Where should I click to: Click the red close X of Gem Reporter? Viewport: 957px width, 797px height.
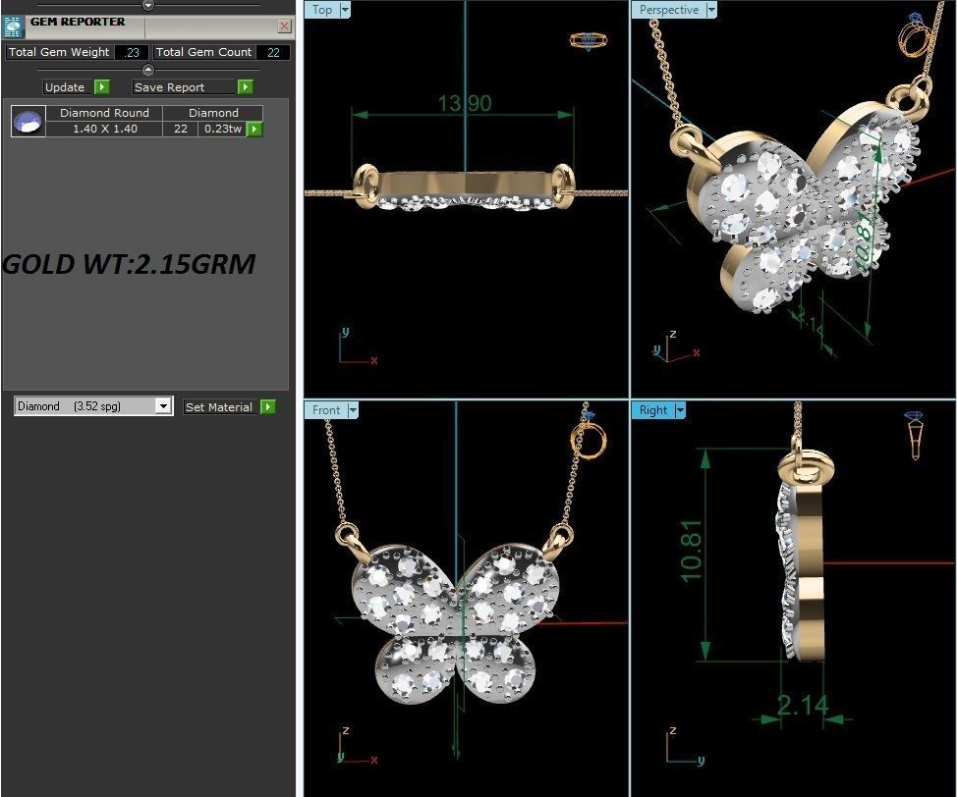[x=284, y=27]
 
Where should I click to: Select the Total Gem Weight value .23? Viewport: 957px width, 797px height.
[x=132, y=53]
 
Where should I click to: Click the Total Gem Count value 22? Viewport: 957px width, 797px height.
[x=273, y=53]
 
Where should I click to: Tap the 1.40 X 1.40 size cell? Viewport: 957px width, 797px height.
[x=104, y=129]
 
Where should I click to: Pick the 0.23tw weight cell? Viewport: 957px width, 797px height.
[x=222, y=129]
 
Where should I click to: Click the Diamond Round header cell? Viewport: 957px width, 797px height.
[x=104, y=113]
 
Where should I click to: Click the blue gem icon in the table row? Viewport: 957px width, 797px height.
[x=28, y=122]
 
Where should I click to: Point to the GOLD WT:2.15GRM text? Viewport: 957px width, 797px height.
[x=129, y=264]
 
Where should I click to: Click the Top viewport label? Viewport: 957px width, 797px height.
[x=322, y=10]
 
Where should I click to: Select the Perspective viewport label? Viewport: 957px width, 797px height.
[x=669, y=10]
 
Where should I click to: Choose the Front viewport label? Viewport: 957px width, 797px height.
[x=326, y=410]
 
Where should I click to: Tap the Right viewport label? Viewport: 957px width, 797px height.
[x=652, y=410]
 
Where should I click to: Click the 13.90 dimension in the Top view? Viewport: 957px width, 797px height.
[x=464, y=103]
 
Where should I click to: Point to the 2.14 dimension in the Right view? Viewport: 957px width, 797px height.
[x=802, y=705]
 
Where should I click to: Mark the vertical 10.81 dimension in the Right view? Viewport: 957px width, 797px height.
[x=693, y=551]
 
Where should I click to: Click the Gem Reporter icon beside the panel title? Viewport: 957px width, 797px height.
[x=13, y=27]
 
